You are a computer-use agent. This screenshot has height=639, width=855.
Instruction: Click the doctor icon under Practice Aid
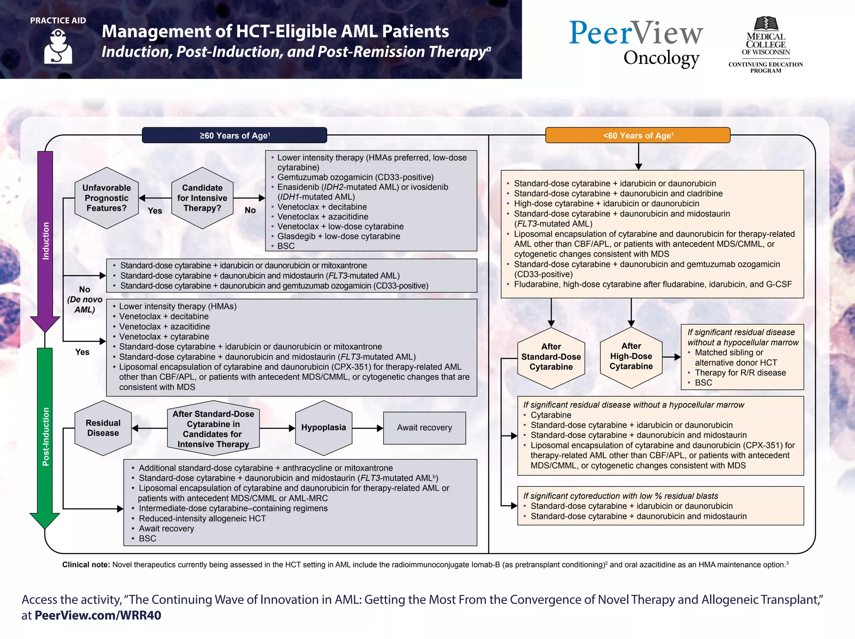click(58, 46)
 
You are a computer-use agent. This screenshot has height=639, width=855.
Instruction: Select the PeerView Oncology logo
click(636, 43)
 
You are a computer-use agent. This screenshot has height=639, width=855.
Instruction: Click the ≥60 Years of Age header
click(234, 135)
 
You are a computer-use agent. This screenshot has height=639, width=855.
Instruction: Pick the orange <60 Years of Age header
click(637, 135)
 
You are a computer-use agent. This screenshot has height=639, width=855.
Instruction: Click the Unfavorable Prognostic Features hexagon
click(106, 198)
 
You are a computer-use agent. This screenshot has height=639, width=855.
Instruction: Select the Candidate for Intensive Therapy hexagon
click(202, 198)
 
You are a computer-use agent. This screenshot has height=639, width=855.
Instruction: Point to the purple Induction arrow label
click(46, 241)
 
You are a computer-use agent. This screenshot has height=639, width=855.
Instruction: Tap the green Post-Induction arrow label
click(46, 436)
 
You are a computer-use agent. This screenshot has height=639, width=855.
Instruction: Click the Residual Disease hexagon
click(103, 428)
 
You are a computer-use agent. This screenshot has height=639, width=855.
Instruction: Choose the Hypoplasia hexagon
click(324, 428)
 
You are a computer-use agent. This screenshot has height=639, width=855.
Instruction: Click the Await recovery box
click(424, 428)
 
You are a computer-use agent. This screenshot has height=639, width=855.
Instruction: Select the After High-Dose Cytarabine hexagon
click(631, 357)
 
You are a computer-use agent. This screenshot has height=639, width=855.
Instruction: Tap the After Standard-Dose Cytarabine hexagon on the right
click(551, 357)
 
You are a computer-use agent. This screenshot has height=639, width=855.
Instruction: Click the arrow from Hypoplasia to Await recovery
click(367, 428)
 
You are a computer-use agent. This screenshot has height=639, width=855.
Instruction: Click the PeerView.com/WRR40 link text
click(98, 615)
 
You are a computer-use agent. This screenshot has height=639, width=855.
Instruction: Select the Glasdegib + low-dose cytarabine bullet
click(339, 236)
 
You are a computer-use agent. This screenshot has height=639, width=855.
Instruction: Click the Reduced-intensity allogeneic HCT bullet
click(202, 518)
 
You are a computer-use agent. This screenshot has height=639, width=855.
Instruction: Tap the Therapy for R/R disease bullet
click(740, 373)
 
